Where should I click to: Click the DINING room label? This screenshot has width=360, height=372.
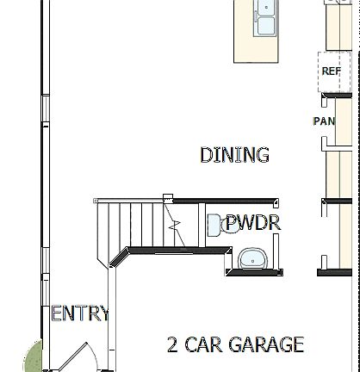[234, 156]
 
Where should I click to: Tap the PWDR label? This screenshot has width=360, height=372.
[254, 224]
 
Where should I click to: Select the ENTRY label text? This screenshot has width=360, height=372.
[80, 313]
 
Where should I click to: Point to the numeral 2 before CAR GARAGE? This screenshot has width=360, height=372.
[173, 345]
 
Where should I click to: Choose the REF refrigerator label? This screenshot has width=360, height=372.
[331, 71]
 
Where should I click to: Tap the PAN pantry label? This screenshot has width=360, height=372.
[323, 121]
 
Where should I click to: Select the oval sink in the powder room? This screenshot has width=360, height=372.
[252, 257]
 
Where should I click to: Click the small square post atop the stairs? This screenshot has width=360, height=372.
[168, 198]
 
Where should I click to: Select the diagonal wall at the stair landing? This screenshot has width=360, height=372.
[119, 256]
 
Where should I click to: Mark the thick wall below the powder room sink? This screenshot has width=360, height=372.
[253, 273]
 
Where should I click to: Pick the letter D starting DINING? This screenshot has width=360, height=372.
[206, 156]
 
